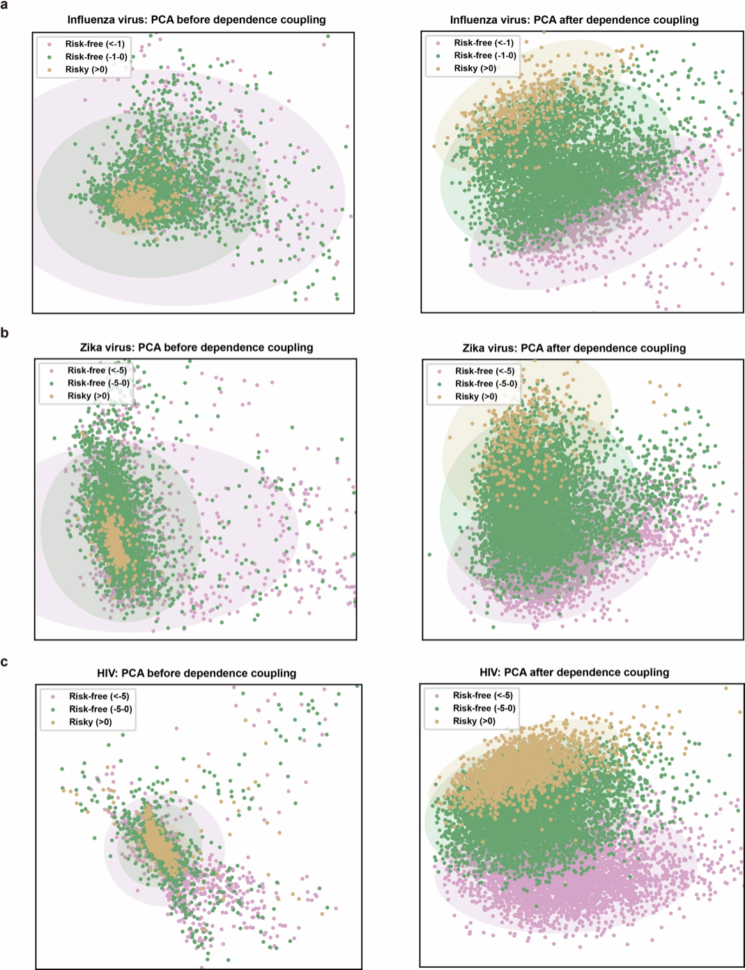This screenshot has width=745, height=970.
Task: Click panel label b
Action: (x=5, y=333)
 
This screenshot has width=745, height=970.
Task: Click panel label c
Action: (x=5, y=661)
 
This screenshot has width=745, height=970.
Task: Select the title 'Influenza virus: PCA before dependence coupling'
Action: (x=197, y=20)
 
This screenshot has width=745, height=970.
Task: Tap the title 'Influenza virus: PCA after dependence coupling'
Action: (x=574, y=20)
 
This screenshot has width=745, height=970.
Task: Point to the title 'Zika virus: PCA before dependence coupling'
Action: (x=197, y=347)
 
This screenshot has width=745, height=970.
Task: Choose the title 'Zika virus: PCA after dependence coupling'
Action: (x=574, y=348)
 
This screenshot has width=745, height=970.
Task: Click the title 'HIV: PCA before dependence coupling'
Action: (x=197, y=673)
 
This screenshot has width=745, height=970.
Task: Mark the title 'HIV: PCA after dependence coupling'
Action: (x=574, y=672)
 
